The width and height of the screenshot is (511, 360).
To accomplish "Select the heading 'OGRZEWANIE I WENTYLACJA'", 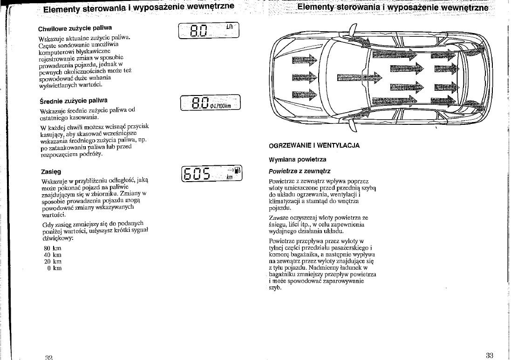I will (314, 145).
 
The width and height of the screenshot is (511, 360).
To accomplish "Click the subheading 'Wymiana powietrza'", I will (298, 159).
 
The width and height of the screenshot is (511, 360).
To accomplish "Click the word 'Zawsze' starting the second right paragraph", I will (279, 217).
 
